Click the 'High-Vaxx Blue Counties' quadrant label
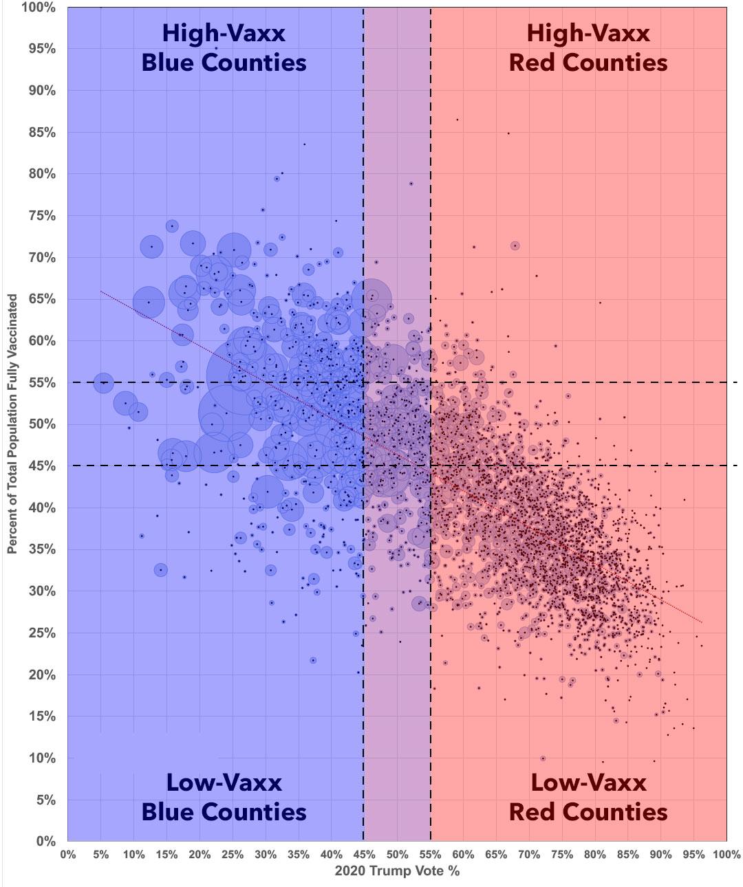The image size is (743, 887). [x=224, y=48]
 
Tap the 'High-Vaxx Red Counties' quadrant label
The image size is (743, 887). [x=588, y=48]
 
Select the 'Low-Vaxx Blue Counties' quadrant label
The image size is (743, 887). [x=224, y=797]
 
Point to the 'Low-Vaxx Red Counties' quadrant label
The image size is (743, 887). [x=588, y=797]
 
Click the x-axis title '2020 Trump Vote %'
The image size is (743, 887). [x=397, y=871]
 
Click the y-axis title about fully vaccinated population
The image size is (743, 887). [x=12, y=424]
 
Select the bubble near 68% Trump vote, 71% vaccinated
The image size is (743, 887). [x=515, y=246]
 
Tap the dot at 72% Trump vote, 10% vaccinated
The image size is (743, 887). [x=543, y=758]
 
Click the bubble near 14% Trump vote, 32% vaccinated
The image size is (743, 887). [x=160, y=570]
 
